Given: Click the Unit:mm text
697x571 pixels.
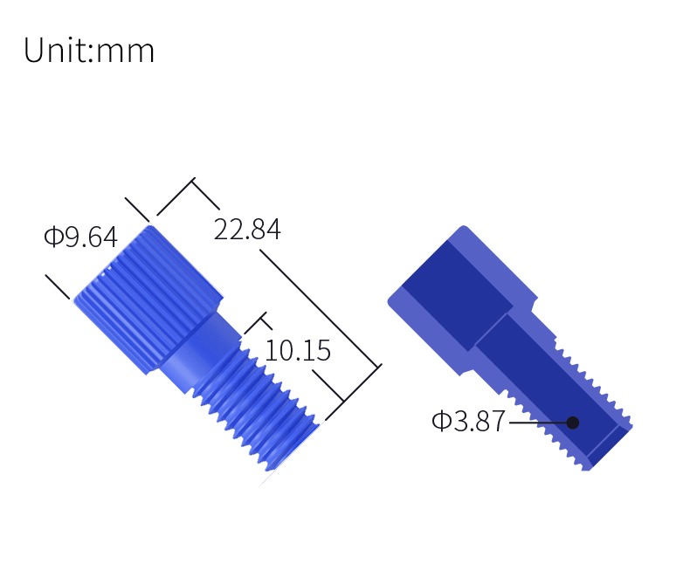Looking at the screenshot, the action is coord(89,50).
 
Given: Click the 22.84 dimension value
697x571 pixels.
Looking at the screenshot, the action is coord(247,230).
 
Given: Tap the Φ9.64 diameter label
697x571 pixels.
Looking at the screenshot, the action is coord(81,237).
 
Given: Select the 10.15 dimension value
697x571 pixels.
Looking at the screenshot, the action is coord(298,351).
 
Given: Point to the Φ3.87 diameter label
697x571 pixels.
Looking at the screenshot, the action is coord(468,421).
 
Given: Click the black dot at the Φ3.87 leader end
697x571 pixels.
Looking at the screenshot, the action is coord(573,423).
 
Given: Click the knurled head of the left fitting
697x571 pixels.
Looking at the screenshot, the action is coord(148,299).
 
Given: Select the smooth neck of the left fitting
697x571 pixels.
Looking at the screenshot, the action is coord(200,351).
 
